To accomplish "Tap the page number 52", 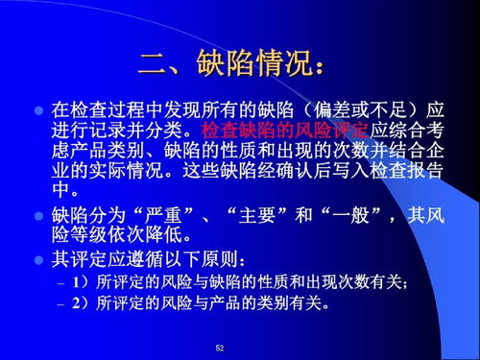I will point(220,347).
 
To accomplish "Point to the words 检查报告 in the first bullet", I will point(409,168).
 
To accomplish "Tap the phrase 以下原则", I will point(207,258).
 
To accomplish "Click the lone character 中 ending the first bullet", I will point(60,188).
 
